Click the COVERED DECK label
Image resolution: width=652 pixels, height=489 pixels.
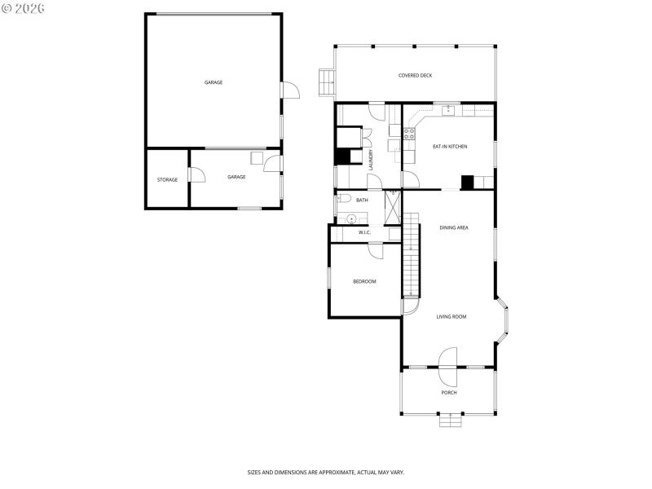415,76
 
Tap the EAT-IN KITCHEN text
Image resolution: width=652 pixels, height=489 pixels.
449,146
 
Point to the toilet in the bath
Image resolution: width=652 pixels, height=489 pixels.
343,198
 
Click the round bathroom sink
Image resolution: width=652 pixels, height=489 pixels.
351,218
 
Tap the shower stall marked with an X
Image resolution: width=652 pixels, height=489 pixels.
393,207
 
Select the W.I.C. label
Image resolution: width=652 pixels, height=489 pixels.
364,233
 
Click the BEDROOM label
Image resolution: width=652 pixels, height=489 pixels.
364,281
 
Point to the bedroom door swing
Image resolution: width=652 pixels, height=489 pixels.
376,252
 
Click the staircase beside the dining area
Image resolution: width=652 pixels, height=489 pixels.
412,257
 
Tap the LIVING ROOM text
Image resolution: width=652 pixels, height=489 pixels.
451,316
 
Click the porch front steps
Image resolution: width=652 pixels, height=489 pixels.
449,421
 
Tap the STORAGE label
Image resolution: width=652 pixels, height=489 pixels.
167,179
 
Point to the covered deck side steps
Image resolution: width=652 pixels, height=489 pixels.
326,81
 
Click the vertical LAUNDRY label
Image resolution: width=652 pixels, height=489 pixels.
371,160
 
